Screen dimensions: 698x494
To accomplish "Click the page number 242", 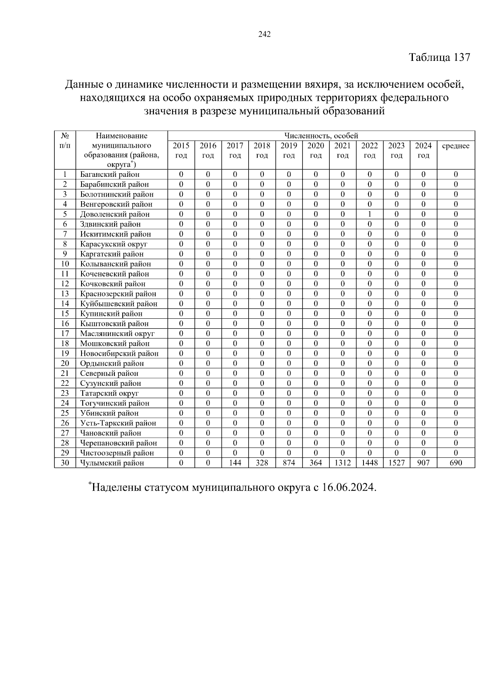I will point(264,35).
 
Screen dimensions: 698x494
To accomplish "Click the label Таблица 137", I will point(439,58).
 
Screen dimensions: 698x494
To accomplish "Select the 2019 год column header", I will point(289,151).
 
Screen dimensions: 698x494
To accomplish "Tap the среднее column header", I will point(455,146).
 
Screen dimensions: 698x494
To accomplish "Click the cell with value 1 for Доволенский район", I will point(369,214).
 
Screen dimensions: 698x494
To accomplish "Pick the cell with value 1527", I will point(396,463).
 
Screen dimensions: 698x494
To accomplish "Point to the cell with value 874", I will point(289,463).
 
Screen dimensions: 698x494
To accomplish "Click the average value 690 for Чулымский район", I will point(455,463).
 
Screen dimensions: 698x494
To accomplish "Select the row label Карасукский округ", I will point(114,244).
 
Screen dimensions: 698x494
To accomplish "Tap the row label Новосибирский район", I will point(119,353).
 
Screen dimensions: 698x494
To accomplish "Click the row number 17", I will point(65,334).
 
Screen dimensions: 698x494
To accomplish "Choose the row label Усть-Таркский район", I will point(118,423).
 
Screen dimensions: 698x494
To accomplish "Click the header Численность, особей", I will point(321,136).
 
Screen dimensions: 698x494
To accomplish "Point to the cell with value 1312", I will point(343,463).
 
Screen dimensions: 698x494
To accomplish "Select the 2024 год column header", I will point(423,151).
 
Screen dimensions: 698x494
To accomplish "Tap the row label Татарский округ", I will point(109,393).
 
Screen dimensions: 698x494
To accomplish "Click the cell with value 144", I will point(235,463).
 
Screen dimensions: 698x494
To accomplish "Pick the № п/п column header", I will point(65,141).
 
